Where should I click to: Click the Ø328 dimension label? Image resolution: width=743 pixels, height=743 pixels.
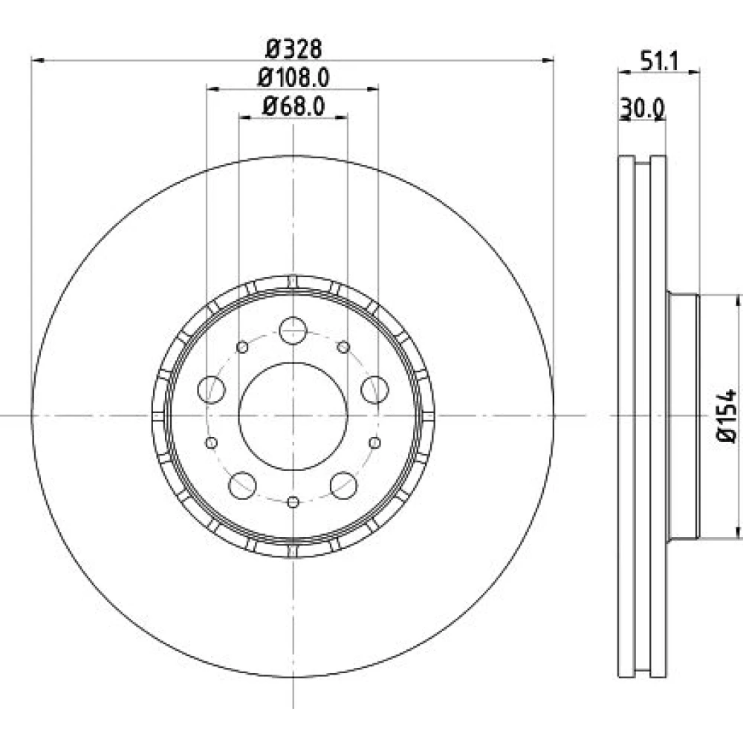point(293,48)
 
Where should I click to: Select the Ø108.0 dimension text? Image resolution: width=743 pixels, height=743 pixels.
point(293,78)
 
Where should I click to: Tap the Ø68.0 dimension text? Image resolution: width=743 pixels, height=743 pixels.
point(293,106)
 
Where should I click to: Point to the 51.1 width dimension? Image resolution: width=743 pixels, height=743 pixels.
point(660,61)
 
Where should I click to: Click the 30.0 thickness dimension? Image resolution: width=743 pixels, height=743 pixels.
point(643,109)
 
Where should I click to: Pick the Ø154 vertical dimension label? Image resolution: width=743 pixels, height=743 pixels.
point(727,415)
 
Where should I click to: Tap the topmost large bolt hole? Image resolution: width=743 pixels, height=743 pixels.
point(293,331)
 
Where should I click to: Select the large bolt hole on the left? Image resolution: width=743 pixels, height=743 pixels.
point(211,389)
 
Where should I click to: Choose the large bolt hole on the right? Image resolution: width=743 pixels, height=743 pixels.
point(374,389)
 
